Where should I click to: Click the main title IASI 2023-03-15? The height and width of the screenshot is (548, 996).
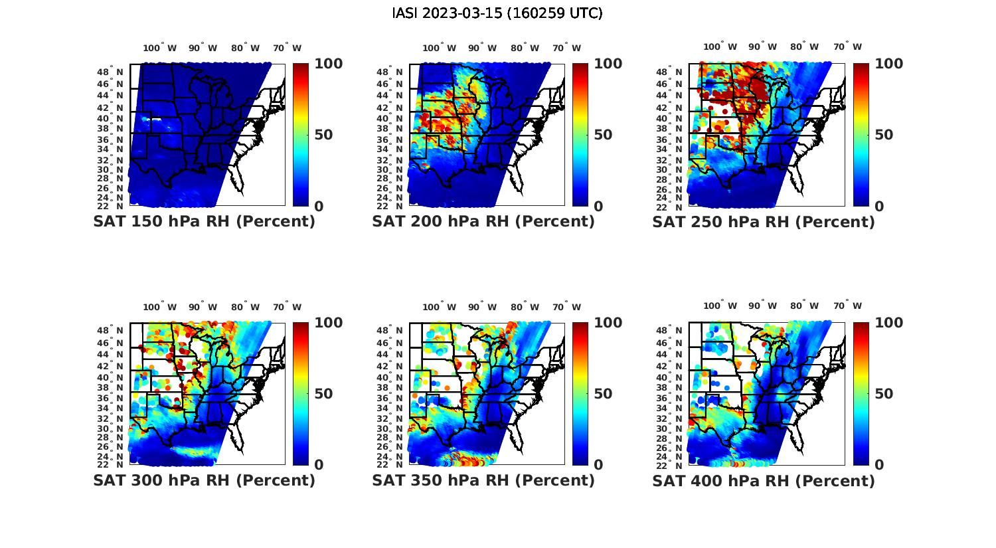pos(497,13)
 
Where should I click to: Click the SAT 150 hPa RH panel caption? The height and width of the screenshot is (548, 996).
pos(204,221)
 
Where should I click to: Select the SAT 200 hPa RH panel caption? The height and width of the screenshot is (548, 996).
pos(483,221)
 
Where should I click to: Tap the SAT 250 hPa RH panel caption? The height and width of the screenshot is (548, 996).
pos(764,221)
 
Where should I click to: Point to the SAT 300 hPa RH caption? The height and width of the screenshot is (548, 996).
pos(204,480)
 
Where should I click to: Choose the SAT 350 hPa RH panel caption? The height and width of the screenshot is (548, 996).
pos(483,480)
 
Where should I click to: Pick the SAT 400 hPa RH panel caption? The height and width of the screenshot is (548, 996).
pos(764,480)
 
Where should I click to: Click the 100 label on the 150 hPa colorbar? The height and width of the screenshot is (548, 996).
pos(328,64)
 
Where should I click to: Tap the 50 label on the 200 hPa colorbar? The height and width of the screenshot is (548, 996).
pos(603,135)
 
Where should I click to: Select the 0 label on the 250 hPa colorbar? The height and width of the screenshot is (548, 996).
pos(879,206)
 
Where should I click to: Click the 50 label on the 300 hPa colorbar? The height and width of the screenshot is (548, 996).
pos(323,394)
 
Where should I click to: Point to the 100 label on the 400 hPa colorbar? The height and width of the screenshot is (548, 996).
pos(888,323)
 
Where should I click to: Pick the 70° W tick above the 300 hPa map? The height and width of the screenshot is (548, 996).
pos(287,307)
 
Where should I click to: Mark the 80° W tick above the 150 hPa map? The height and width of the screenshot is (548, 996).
pos(246,48)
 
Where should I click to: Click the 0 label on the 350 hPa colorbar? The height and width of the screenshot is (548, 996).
pos(598,465)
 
